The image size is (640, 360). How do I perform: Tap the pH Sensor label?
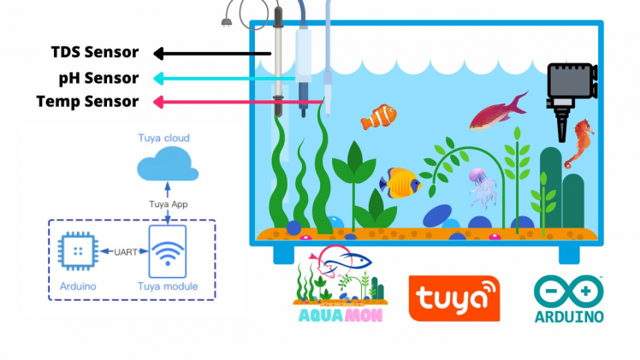pos(98,78)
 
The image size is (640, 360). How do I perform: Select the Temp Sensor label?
pos(87,102)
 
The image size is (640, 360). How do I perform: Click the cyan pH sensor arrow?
pos(222,78)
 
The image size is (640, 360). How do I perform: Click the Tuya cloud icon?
pos(169,162)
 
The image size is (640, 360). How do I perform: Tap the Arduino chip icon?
pos(78,251)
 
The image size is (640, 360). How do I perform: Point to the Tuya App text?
pos(169,204)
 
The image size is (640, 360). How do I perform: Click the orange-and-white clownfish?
pos(379,116)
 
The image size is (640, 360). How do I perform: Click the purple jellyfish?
pos(481,186)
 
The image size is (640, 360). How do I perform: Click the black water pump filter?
pos(569,91)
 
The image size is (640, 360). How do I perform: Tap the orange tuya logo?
pos(454,298)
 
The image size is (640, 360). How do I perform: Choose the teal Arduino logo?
pos(568,299)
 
